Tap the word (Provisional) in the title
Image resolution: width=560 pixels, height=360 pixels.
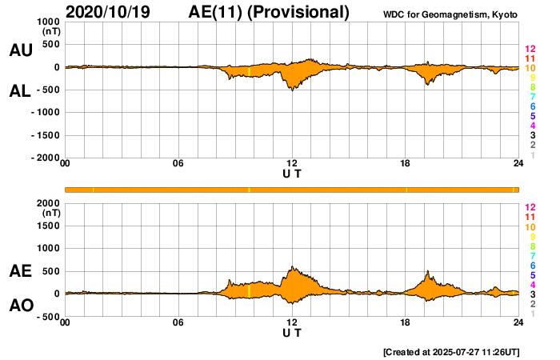[300, 12]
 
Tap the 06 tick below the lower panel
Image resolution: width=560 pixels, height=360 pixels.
[178, 323]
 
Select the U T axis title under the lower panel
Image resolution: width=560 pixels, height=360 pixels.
[292, 333]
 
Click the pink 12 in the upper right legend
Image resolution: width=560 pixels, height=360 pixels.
[529, 49]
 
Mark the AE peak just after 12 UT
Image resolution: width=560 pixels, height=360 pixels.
[293, 267]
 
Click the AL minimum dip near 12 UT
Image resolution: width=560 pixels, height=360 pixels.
[292, 90]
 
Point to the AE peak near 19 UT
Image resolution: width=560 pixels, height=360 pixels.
[428, 272]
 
